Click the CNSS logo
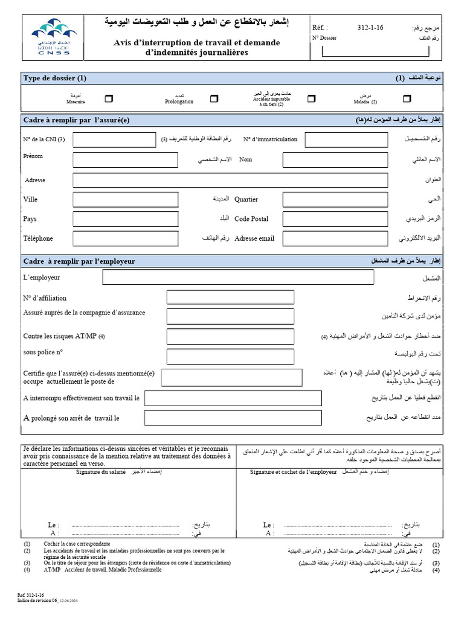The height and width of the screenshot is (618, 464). [x=50, y=37]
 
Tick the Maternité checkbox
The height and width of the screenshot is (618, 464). [x=108, y=98]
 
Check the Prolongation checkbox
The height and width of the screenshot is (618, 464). [x=214, y=98]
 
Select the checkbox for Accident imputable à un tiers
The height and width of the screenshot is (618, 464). [x=311, y=98]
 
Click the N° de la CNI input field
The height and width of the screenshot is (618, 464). [x=115, y=140]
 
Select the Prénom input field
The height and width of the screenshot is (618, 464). [x=125, y=160]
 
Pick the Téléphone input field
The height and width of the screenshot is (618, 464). [x=125, y=238]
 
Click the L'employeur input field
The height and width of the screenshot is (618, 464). [x=238, y=278]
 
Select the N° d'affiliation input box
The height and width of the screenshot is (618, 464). [x=230, y=298]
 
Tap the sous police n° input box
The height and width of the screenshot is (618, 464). [x=230, y=355]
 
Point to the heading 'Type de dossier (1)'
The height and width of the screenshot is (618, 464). [x=55, y=78]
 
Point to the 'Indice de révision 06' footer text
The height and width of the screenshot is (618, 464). [x=37, y=601]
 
